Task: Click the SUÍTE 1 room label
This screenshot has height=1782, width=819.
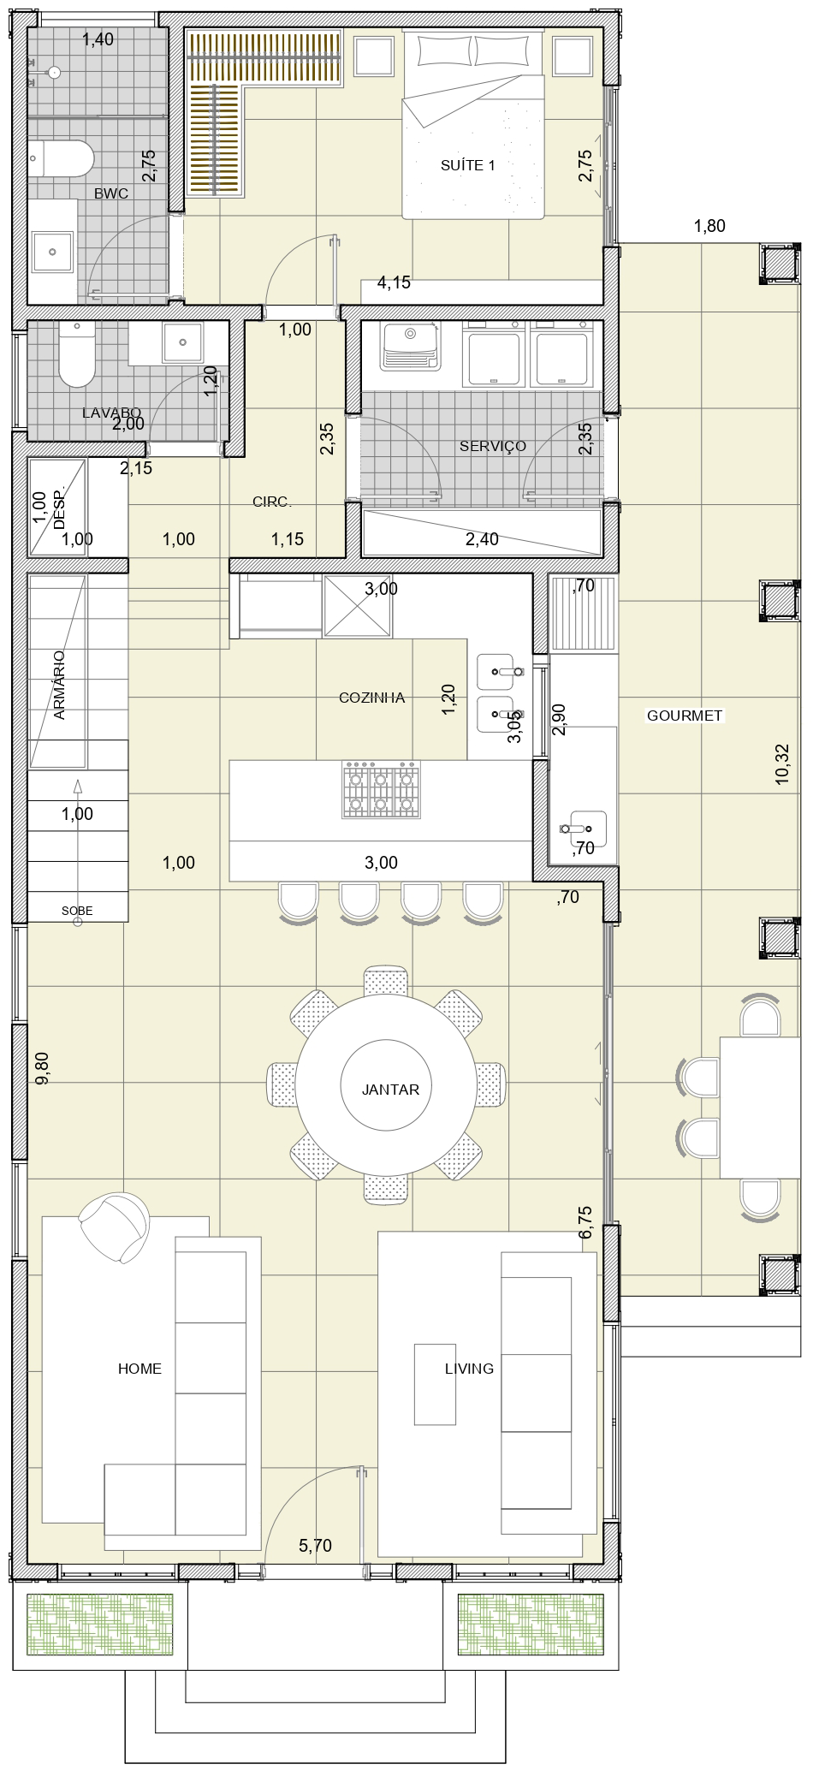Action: (x=467, y=165)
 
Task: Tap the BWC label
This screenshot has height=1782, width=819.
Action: (x=111, y=193)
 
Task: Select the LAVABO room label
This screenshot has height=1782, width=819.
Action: (x=111, y=413)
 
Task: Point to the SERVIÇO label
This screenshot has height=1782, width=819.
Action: (x=492, y=446)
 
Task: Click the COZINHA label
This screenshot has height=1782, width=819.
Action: (x=371, y=698)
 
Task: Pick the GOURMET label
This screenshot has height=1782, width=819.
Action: (x=685, y=716)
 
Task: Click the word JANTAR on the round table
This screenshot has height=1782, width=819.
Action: (x=390, y=1090)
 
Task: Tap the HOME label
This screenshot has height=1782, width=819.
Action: (x=139, y=1369)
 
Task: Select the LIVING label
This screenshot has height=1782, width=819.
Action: (x=469, y=1369)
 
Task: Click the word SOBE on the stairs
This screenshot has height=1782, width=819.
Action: (x=77, y=912)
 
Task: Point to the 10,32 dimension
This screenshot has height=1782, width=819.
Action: (x=781, y=764)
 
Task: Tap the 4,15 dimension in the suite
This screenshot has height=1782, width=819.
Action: (x=394, y=282)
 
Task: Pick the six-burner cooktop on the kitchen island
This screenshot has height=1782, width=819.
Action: (x=382, y=788)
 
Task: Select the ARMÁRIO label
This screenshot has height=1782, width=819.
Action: (x=59, y=685)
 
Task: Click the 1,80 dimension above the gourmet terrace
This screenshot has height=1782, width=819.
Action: (x=709, y=227)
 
